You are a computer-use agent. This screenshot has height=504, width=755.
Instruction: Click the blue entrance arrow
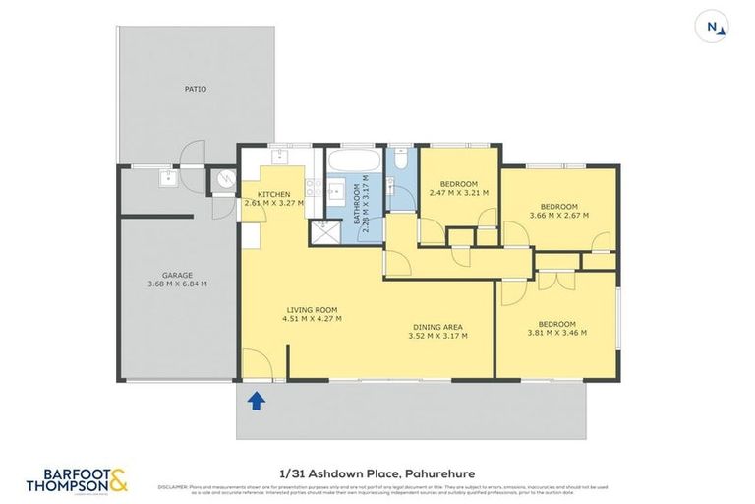(x=257, y=400)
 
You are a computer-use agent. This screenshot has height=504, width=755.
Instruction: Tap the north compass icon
(x=714, y=28)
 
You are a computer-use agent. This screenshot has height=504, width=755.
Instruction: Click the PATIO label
(x=196, y=89)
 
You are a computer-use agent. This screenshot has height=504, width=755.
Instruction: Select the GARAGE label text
(x=177, y=275)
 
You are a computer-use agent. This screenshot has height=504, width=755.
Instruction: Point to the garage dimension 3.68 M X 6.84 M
(x=177, y=284)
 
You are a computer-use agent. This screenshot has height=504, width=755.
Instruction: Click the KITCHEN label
(x=272, y=193)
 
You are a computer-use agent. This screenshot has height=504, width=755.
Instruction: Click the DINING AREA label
(x=436, y=327)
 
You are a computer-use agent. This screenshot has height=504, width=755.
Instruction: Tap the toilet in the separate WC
(x=401, y=159)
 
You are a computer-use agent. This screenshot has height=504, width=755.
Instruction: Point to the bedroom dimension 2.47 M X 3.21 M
(x=458, y=194)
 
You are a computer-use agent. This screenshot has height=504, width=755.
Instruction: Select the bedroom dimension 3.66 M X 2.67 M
(x=557, y=214)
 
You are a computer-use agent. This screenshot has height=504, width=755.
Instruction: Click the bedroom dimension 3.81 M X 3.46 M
(x=555, y=334)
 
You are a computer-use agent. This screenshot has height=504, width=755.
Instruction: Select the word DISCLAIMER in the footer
(x=174, y=486)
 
